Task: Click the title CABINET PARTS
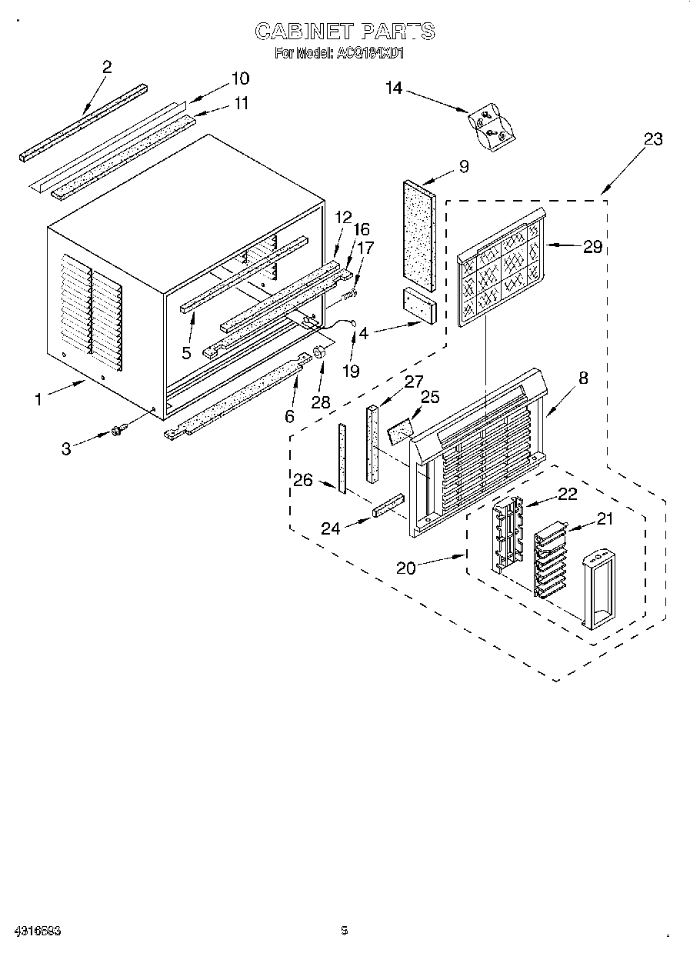pos(345,32)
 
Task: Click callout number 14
pos(393,88)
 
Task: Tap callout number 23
pos(652,139)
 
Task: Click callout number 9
pos(463,165)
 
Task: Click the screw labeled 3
pos(118,433)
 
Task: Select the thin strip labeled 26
pos(341,457)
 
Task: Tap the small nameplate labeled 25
pos(400,430)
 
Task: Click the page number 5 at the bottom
pos(344,930)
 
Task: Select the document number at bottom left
pos(38,930)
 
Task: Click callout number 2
pos(107,67)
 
